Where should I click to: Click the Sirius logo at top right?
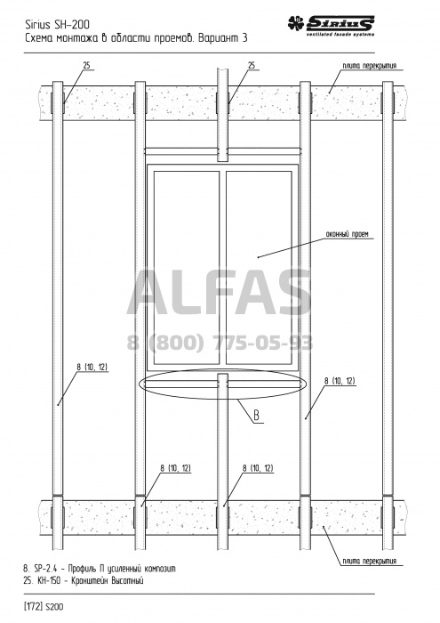331,26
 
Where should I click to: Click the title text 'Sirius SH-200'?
57,25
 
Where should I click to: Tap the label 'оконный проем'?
348,234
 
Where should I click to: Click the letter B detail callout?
257,416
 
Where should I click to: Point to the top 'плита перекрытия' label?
370,66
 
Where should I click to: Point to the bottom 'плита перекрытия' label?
370,561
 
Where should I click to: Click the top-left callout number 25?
87,66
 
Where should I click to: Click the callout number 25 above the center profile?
252,66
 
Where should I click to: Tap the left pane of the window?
187,267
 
